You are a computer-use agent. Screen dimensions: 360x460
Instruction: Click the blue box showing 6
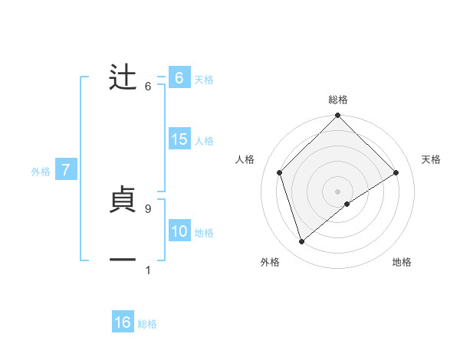(x=179, y=78)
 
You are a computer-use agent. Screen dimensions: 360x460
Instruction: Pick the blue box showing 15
(x=179, y=139)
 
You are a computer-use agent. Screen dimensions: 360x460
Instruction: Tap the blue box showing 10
(x=179, y=231)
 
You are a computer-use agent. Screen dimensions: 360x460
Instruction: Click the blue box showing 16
(x=123, y=322)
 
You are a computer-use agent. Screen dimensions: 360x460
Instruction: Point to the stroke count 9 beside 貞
(x=147, y=208)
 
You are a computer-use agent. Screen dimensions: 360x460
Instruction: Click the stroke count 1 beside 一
(x=147, y=270)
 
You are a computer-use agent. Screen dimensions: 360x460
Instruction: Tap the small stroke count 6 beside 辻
(x=147, y=86)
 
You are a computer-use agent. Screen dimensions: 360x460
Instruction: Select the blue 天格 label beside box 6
(x=204, y=80)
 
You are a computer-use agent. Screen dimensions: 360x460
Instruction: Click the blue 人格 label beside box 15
(x=204, y=141)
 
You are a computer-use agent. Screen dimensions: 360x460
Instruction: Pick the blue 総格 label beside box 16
(x=147, y=324)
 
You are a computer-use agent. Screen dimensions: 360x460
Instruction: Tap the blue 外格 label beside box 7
(x=41, y=172)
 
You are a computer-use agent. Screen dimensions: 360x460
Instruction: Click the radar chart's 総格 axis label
(x=338, y=100)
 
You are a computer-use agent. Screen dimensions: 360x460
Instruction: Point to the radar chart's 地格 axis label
(x=402, y=262)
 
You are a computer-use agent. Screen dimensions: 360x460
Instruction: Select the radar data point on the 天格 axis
(x=396, y=172)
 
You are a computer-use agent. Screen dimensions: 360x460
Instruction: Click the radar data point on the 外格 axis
(x=302, y=242)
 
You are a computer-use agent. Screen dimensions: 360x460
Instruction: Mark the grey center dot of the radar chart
(x=338, y=191)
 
